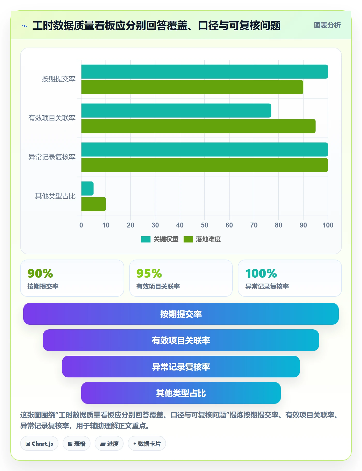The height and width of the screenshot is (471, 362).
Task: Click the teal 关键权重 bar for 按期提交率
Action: [205, 72]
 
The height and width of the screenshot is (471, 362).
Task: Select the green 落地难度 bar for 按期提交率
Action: [192, 87]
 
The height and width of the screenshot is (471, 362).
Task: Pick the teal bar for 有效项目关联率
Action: [176, 111]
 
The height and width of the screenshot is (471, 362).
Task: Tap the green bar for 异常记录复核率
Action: [205, 165]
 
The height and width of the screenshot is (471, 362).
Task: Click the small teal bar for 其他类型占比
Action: [87, 188]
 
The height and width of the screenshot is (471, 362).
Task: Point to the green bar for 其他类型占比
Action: [94, 204]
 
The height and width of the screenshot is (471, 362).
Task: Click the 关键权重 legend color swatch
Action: [146, 239]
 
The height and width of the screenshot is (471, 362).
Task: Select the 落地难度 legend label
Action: [208, 239]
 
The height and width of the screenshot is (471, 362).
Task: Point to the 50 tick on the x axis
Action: [205, 225]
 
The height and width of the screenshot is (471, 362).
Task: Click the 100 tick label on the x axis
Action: [328, 225]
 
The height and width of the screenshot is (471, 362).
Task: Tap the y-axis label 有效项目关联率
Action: [52, 118]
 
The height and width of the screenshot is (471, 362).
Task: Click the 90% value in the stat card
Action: [40, 273]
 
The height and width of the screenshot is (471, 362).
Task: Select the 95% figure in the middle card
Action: [149, 273]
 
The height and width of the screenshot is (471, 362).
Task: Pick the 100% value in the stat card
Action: [261, 273]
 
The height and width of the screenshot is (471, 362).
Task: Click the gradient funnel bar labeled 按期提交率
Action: [181, 314]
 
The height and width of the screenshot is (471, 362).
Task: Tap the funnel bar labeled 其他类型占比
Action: [181, 393]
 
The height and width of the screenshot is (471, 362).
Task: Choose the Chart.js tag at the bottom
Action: [39, 444]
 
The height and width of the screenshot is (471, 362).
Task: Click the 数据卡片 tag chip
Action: [147, 444]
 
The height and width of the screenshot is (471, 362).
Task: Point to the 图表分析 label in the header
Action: [327, 25]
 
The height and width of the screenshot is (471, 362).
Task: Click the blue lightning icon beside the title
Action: [25, 26]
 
